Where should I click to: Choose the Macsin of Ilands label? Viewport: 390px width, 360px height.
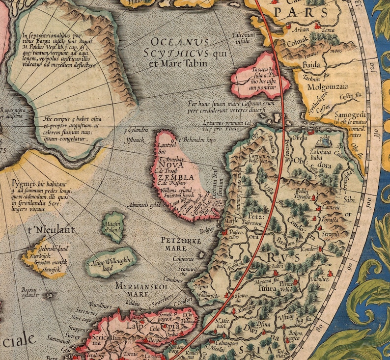click(x=114, y=227)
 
